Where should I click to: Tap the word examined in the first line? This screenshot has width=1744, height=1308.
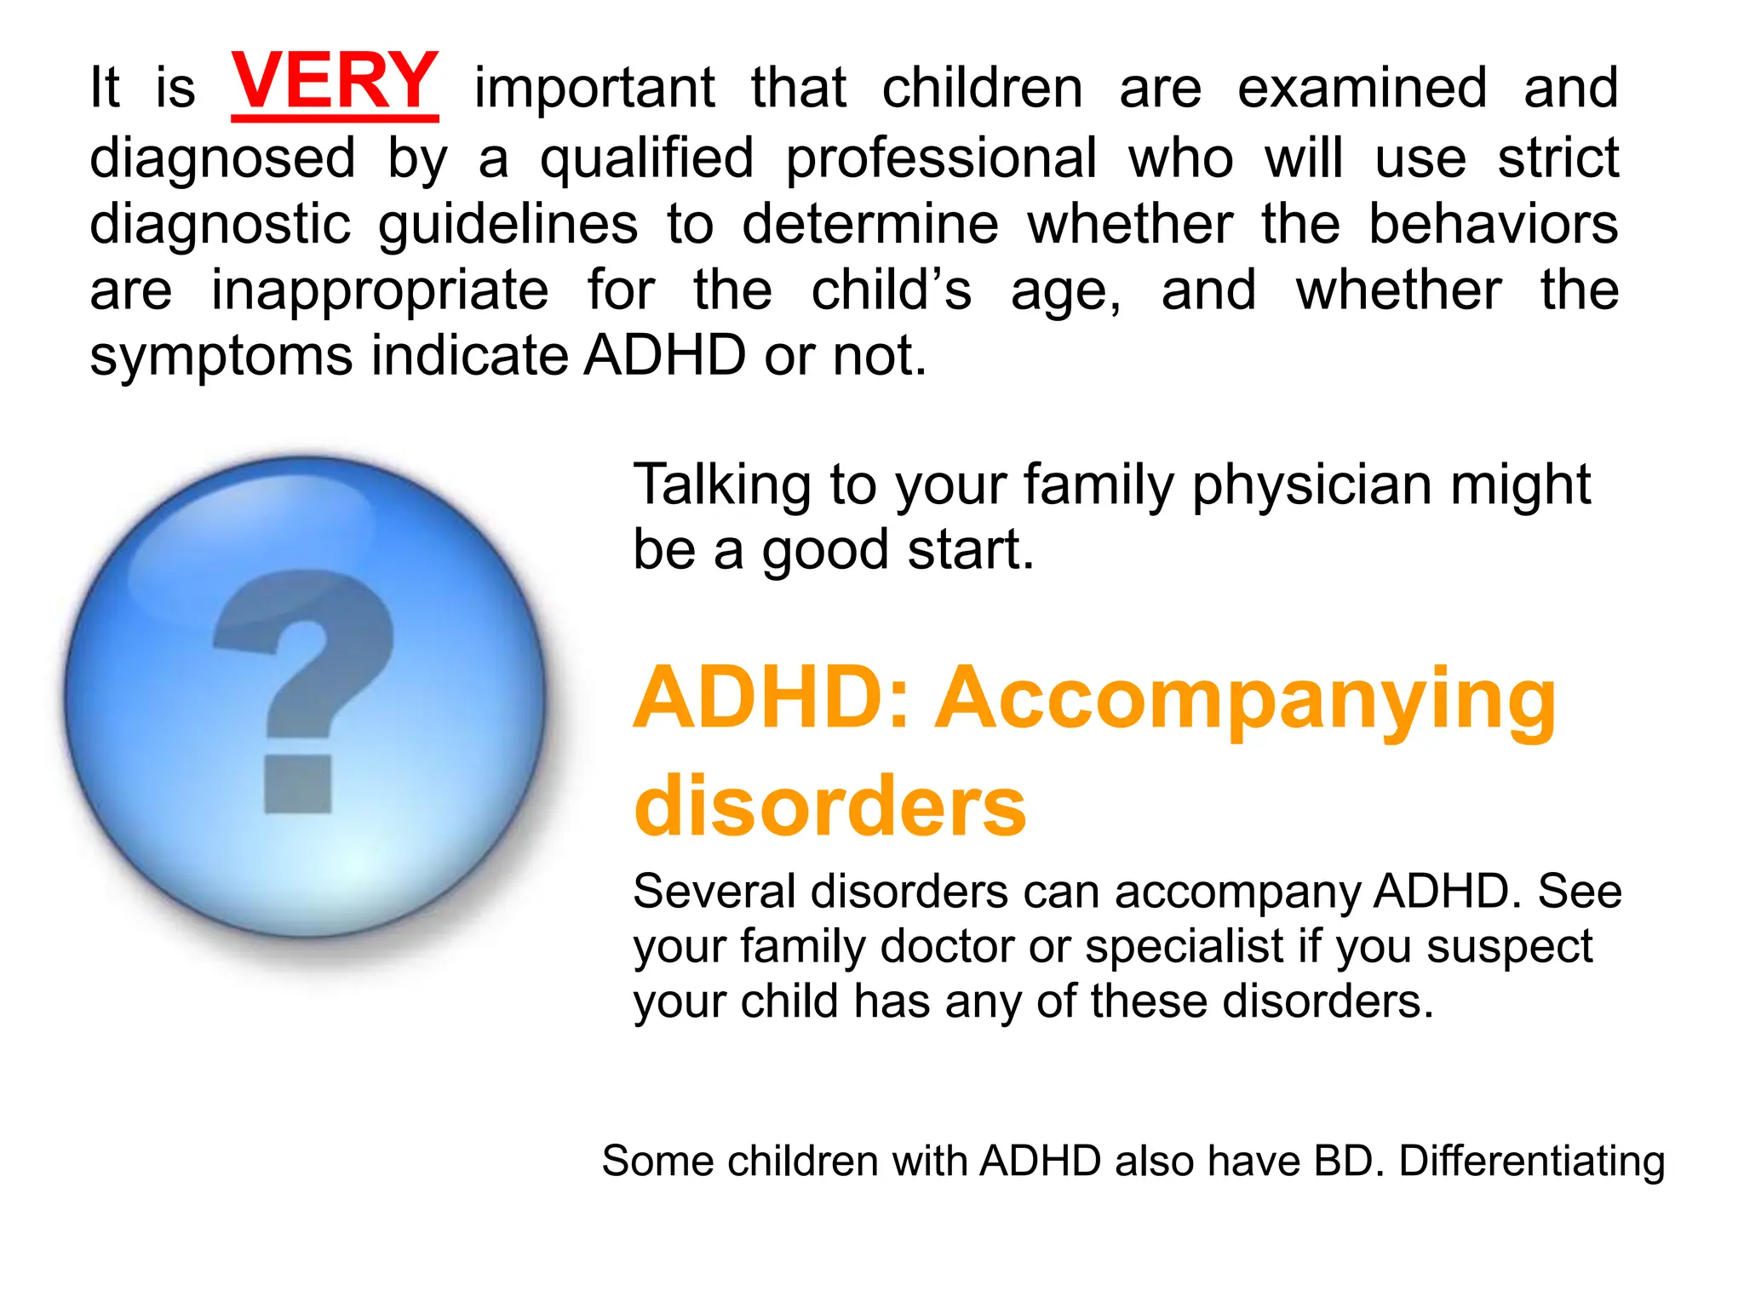click(1362, 88)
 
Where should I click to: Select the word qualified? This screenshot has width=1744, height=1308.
click(647, 158)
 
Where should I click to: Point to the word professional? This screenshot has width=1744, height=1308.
click(941, 158)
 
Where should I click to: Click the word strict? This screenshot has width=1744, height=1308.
click(1558, 158)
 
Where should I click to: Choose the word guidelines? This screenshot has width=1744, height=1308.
click(508, 226)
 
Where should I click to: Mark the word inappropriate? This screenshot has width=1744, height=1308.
click(380, 291)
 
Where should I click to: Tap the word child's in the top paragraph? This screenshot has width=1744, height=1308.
click(891, 291)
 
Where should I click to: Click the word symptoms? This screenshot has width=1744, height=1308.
click(221, 358)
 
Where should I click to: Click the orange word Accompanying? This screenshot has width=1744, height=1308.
click(1245, 700)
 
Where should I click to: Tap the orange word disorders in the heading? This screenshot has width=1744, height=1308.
click(830, 806)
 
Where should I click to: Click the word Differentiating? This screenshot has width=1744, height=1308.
click(1531, 1161)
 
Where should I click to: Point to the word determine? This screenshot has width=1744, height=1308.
click(870, 226)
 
